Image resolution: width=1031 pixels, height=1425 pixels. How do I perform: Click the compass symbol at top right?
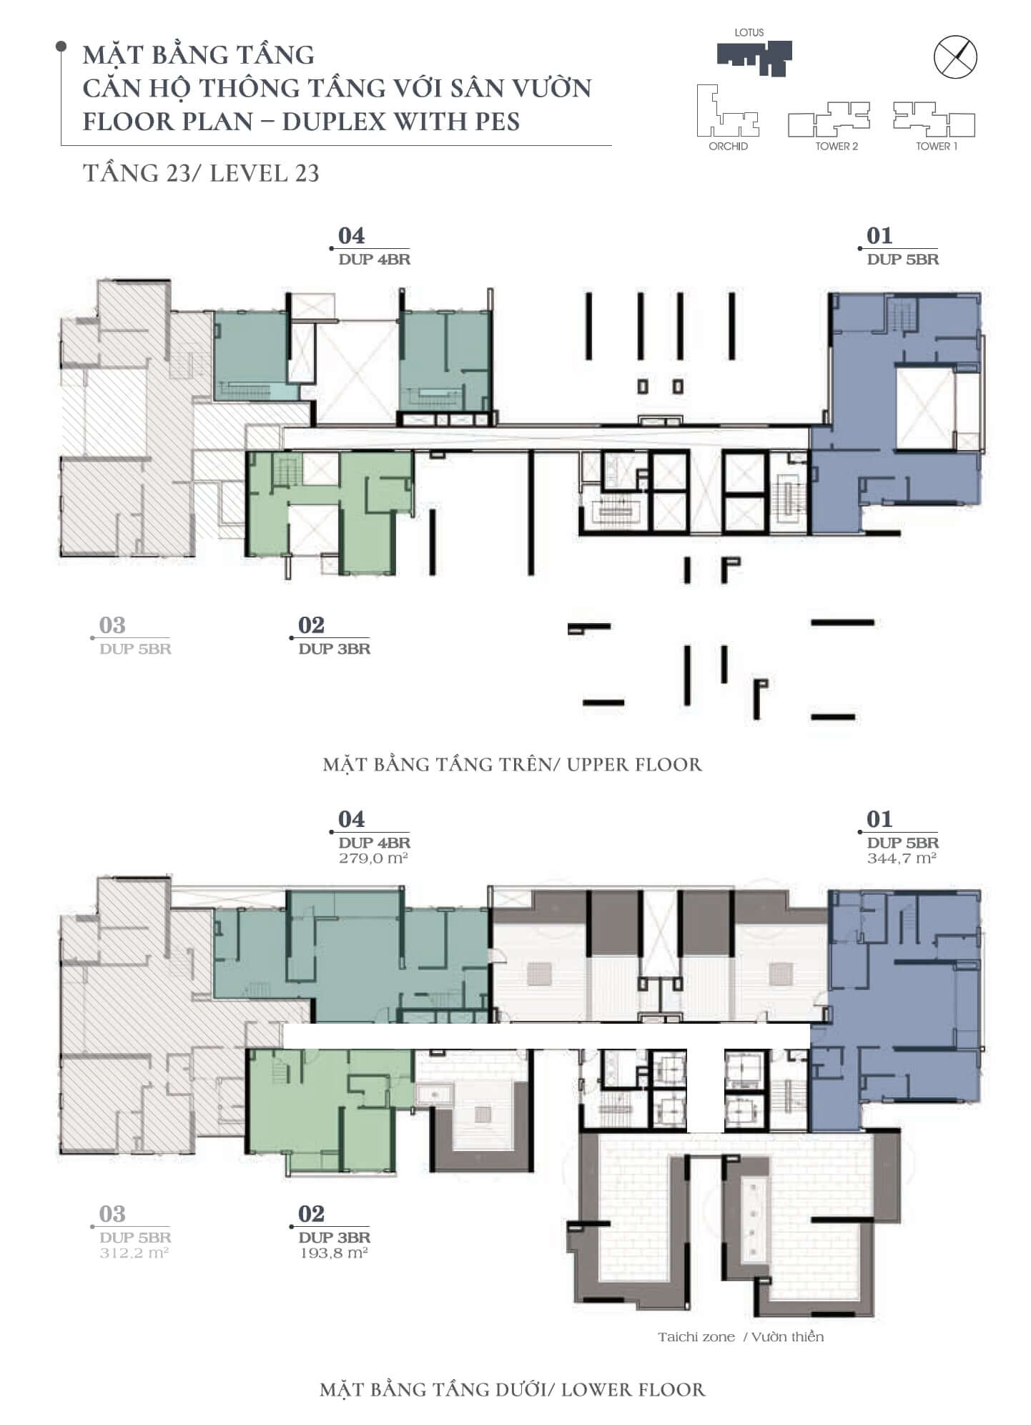coord(956,57)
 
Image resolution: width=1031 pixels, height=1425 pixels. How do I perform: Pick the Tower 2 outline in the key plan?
coord(829,119)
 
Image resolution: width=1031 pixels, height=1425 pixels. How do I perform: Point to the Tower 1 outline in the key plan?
coord(934,119)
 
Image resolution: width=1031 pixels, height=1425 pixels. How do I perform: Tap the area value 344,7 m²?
coord(902,858)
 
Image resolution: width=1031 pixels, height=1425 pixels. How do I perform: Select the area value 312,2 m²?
coord(134,1253)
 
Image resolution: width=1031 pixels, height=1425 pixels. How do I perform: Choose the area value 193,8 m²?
coord(333,1253)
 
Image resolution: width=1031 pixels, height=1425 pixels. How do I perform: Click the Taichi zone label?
coord(696,1337)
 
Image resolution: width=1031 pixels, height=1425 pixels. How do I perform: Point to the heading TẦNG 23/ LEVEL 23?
coord(202,174)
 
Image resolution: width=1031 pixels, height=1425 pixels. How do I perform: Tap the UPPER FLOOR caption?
coord(634,765)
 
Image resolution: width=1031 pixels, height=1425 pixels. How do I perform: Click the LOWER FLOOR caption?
coord(633,1390)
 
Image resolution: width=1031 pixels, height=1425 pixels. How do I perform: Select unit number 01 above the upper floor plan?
coord(879,235)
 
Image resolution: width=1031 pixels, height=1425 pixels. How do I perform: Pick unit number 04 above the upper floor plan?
coord(351,235)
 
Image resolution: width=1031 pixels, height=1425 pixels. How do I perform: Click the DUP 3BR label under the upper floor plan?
coord(335,649)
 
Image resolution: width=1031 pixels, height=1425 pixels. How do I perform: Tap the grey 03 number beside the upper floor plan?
coord(112,625)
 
